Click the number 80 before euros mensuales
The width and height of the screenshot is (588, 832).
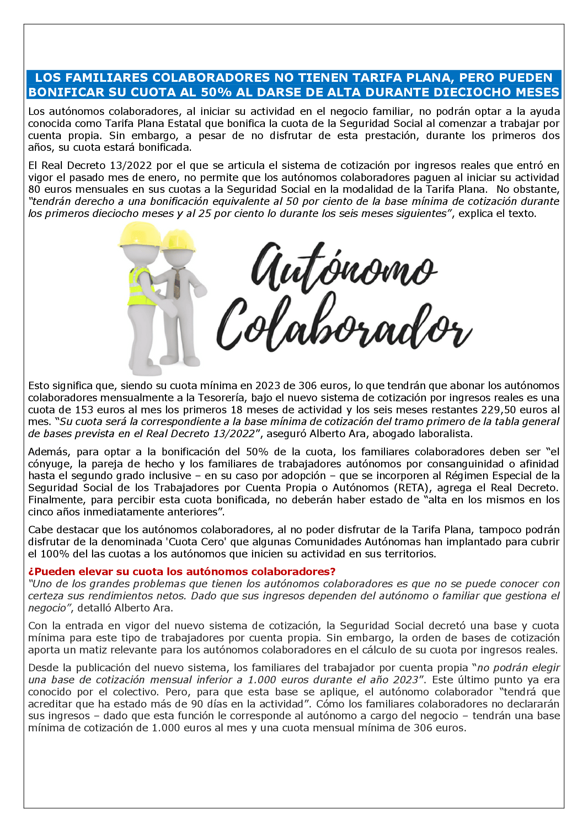[x=34, y=190]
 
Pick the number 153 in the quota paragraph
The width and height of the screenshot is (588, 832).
[x=84, y=410]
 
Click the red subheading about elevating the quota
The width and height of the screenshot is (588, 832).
[x=182, y=572]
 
